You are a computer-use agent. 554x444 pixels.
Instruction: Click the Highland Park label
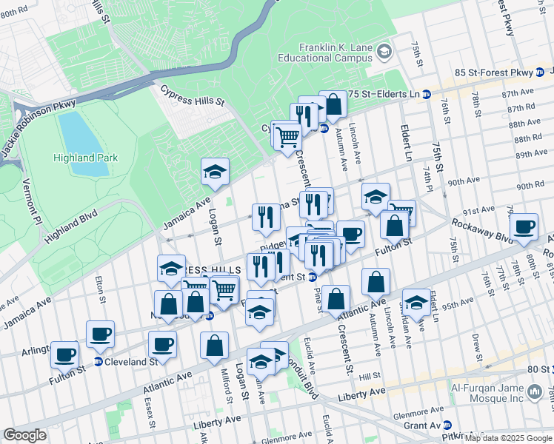[84, 158]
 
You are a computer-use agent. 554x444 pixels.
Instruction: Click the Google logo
[24, 435]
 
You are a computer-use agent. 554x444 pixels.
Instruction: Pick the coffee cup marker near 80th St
[524, 227]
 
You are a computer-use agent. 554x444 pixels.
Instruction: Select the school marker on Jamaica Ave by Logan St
[216, 172]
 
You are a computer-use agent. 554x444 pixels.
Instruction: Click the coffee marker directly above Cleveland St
[100, 334]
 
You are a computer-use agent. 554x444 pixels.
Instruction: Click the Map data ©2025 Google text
[507, 438]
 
